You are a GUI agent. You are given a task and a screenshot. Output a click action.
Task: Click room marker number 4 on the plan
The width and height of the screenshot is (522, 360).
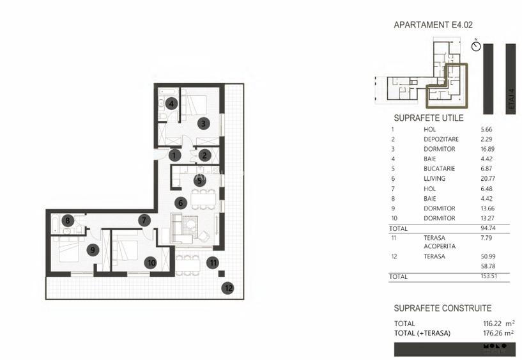[x=171, y=104]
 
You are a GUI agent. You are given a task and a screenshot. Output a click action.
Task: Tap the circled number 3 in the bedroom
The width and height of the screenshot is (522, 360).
[x=203, y=123]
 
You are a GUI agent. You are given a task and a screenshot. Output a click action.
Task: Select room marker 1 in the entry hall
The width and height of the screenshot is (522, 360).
[x=175, y=155]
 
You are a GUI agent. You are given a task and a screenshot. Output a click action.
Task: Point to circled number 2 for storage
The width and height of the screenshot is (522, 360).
[x=204, y=155]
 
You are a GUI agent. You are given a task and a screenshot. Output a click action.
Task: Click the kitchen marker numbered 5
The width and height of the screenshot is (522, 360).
[x=199, y=181]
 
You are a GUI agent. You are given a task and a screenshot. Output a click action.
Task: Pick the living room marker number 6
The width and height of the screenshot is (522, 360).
[x=181, y=203]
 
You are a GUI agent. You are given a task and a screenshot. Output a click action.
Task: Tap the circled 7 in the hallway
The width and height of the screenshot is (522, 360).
[x=145, y=220]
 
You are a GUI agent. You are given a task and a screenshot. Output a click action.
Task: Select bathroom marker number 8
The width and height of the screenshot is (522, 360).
[x=68, y=221]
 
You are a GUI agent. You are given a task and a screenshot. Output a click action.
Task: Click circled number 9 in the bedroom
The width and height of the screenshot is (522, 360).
[x=93, y=250]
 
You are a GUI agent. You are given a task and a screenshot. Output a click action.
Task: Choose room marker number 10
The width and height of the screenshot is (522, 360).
[x=150, y=262]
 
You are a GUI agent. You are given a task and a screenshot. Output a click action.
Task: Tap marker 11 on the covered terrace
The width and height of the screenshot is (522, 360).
[x=213, y=262]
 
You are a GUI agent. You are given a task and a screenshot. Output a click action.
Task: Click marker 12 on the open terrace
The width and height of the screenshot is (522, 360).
[x=227, y=288]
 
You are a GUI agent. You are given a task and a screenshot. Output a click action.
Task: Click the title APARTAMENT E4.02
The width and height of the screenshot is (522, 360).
[x=433, y=26]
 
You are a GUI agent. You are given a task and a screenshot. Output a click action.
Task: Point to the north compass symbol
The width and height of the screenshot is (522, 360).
[x=475, y=46]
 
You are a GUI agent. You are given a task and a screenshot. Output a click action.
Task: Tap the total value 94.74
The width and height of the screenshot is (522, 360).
[x=487, y=228]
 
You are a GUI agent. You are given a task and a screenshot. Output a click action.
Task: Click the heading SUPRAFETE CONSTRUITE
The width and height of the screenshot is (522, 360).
[x=442, y=308]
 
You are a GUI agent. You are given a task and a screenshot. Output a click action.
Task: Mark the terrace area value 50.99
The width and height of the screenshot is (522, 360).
[x=487, y=256]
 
